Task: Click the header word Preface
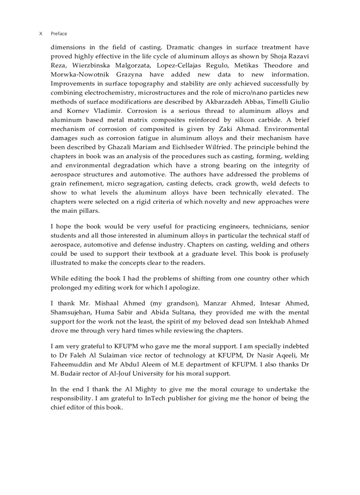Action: click(x=59, y=33)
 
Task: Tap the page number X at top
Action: click(x=41, y=33)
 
